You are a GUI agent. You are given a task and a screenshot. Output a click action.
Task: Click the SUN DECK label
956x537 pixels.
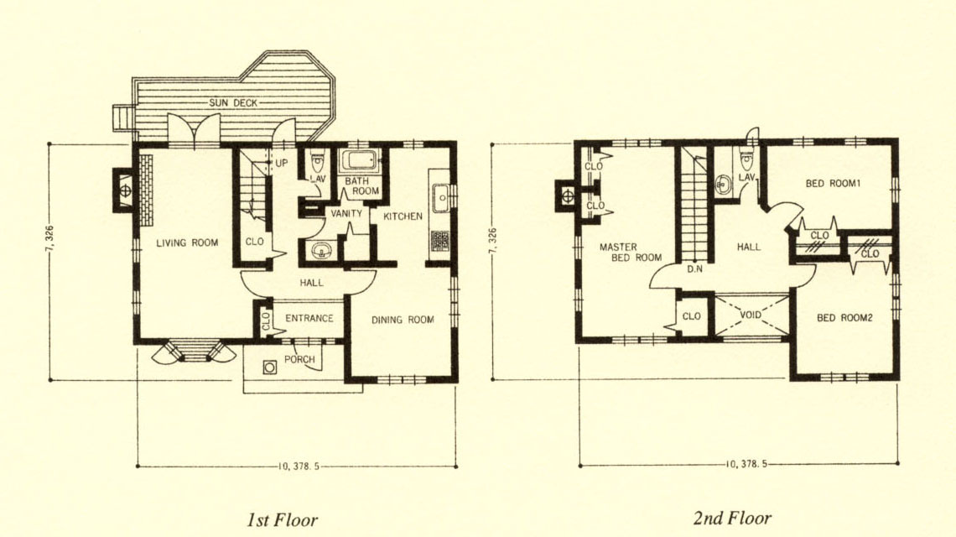pyautogui.click(x=233, y=102)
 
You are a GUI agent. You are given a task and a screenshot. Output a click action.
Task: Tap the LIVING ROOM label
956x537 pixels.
pyautogui.click(x=187, y=242)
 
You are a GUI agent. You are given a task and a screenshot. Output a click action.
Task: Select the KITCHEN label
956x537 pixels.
pyautogui.click(x=403, y=216)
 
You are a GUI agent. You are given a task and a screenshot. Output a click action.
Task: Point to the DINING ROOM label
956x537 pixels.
pyautogui.click(x=403, y=319)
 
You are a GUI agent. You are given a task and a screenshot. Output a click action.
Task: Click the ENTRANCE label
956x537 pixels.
pyautogui.click(x=309, y=318)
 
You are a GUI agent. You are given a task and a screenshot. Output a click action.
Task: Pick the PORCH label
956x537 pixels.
pyautogui.click(x=299, y=359)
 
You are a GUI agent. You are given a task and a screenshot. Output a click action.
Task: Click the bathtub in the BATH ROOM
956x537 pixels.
pyautogui.click(x=361, y=161)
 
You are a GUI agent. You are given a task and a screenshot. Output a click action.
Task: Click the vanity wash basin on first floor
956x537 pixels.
pyautogui.click(x=320, y=249)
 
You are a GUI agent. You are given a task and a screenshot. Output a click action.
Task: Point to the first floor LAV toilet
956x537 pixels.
pyautogui.click(x=317, y=163)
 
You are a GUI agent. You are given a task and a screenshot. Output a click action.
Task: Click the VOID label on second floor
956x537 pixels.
pyautogui.click(x=751, y=315)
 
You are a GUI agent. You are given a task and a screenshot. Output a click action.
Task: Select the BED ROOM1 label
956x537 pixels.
pyautogui.click(x=833, y=183)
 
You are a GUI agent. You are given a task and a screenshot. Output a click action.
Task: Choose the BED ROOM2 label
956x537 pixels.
pyautogui.click(x=845, y=318)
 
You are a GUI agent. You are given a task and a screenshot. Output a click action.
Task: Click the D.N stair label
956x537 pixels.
pyautogui.click(x=694, y=268)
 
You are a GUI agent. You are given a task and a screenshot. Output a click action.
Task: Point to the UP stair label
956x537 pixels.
pyautogui.click(x=281, y=164)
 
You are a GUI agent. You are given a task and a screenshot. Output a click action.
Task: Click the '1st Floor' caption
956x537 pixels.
pyautogui.click(x=283, y=520)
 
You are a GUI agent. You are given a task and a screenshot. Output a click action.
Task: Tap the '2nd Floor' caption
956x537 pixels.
pyautogui.click(x=732, y=519)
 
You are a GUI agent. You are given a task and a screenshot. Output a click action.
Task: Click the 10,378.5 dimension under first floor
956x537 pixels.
pyautogui.click(x=299, y=467)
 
